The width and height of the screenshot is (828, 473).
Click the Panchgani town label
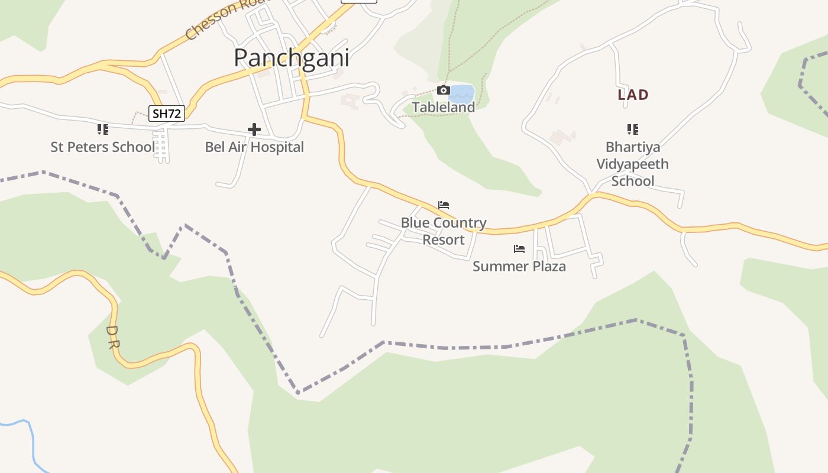[291, 58]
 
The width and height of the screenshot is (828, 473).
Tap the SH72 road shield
[166, 114]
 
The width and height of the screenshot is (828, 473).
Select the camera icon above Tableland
[443, 90]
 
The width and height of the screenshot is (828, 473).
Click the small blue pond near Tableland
[462, 94]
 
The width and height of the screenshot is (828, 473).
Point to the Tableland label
[444, 108]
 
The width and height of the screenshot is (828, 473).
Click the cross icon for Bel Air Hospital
[254, 129]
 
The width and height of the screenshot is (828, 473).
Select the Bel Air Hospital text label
[254, 147]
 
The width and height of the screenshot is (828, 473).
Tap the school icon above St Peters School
[103, 129]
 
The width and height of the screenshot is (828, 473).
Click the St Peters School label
[103, 147]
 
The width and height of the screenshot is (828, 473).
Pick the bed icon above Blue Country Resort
[444, 205]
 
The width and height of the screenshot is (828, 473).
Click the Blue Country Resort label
[444, 231]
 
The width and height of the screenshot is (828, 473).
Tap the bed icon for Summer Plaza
[519, 249]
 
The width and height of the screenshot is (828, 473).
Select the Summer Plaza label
[519, 267]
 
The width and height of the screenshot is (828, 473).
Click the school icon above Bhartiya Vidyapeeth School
[632, 129]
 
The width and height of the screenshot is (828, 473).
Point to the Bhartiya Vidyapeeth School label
[632, 164]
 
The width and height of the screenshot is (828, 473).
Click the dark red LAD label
[633, 95]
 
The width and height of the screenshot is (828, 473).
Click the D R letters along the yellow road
[113, 337]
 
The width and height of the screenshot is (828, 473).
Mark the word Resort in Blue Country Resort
[444, 240]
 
